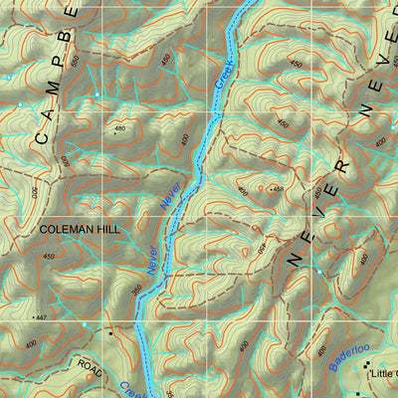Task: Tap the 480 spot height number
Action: [120, 128]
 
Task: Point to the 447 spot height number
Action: [39, 317]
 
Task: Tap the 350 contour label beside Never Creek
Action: [136, 290]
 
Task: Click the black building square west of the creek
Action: [110, 334]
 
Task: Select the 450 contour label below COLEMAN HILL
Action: [49, 257]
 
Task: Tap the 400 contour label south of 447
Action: [30, 343]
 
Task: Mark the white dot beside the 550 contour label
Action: [9, 77]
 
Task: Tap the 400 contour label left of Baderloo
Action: [321, 350]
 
